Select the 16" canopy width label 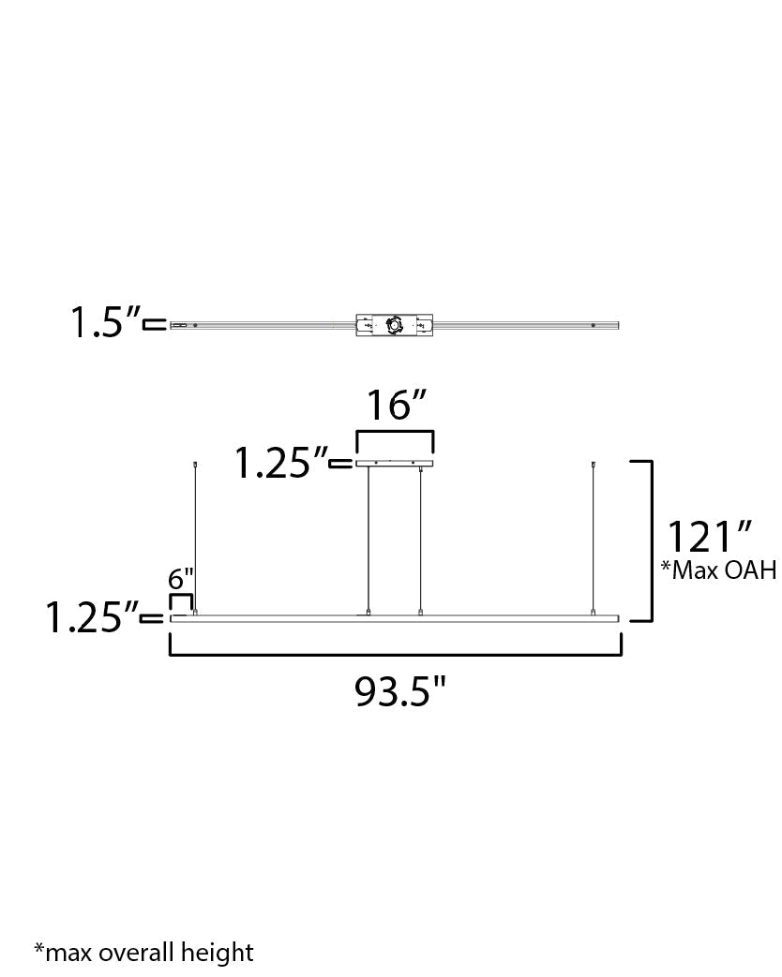tap(396, 407)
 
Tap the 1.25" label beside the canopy tap(279, 463)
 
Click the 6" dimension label tap(181, 580)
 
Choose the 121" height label tap(710, 538)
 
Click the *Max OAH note tap(718, 570)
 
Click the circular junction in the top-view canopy tap(394, 326)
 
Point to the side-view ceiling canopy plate tap(395, 463)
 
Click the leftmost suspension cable tap(195, 539)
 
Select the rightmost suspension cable tap(594, 539)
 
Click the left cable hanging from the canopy tap(368, 539)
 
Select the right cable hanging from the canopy tap(421, 539)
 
